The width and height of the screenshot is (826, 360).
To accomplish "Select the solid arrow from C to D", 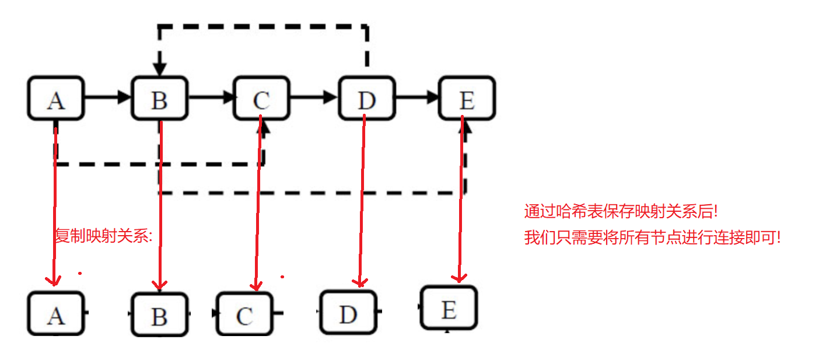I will point(314,97).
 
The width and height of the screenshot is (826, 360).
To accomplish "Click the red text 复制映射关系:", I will point(103,236).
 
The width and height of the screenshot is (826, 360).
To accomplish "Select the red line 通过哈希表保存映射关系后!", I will point(621,211).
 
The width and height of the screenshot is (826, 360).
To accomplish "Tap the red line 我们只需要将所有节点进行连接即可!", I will point(652,237).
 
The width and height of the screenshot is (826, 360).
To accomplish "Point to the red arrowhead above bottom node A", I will point(54,281).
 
